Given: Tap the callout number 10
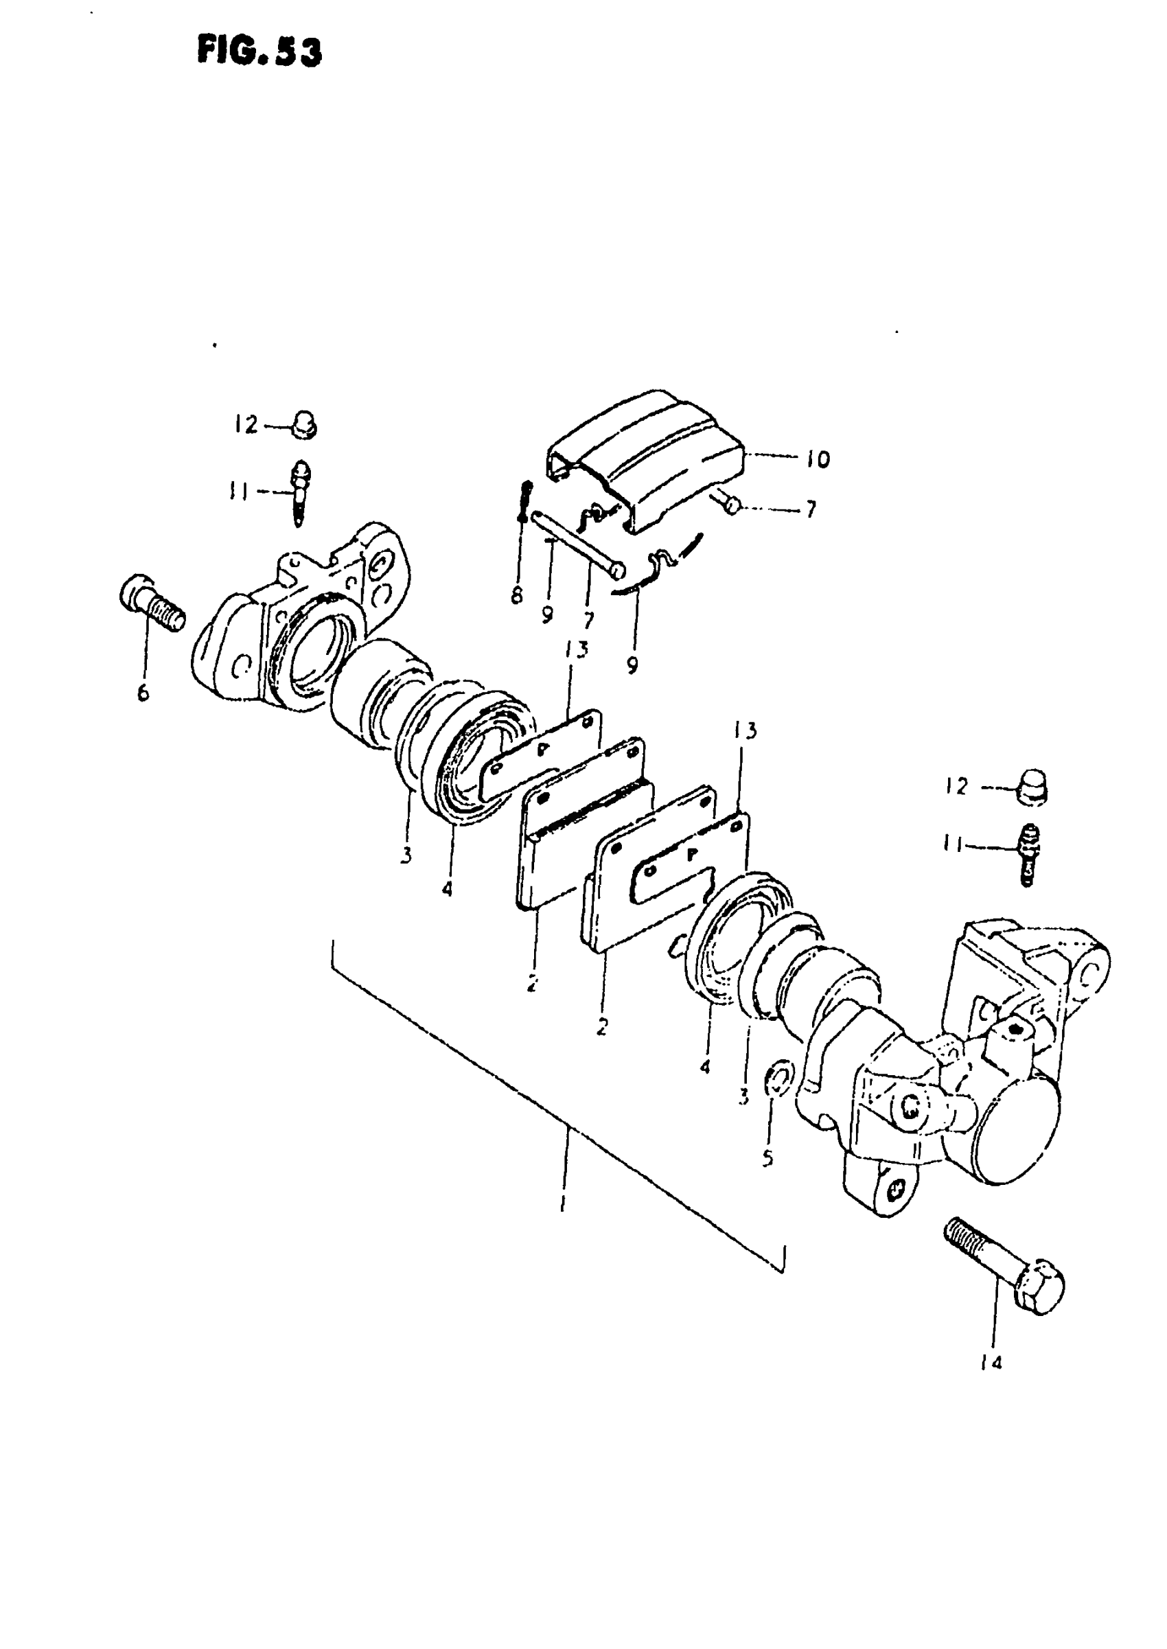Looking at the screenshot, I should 817,459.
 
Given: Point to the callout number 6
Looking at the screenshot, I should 143,693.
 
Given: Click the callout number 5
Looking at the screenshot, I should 767,1157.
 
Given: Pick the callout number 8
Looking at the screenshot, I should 517,596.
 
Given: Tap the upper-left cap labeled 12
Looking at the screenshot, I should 305,425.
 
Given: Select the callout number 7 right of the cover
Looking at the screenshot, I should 811,509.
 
